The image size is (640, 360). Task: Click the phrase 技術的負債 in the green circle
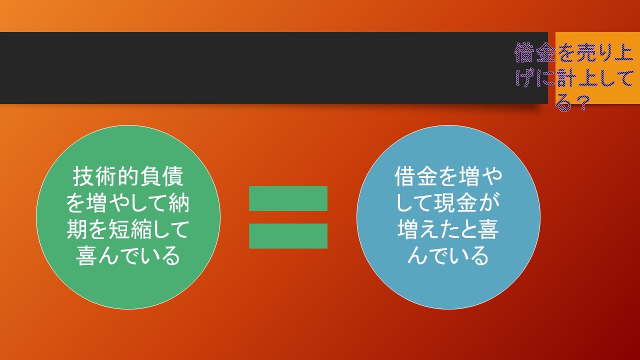(127, 176)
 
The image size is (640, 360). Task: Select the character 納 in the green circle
(179, 203)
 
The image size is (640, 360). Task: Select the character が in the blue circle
(489, 203)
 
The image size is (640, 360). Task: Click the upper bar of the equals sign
(288, 198)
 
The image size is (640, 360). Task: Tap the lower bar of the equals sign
(288, 236)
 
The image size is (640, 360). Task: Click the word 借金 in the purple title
(535, 53)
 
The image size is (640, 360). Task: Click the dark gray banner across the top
(273, 68)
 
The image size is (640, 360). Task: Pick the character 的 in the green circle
(127, 176)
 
